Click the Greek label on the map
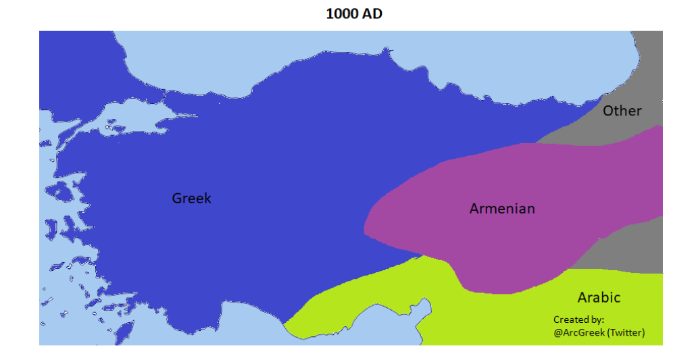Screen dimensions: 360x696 click(191, 198)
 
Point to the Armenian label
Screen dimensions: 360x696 click(502, 209)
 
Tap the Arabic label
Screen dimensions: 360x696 click(599, 297)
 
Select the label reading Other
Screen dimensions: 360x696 click(622, 111)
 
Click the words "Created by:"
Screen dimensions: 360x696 click(578, 319)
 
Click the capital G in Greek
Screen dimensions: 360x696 click(178, 198)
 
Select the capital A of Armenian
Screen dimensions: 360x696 click(475, 209)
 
